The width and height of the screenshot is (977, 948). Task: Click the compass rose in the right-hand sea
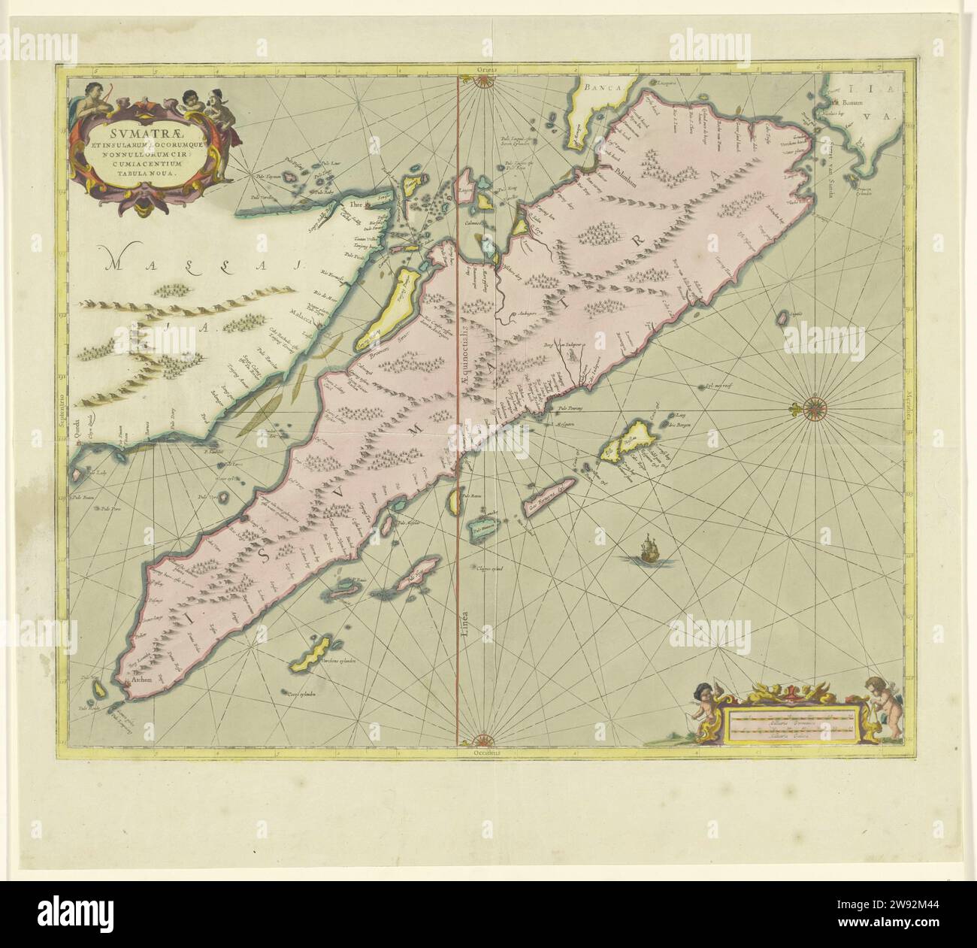click(814, 409)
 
